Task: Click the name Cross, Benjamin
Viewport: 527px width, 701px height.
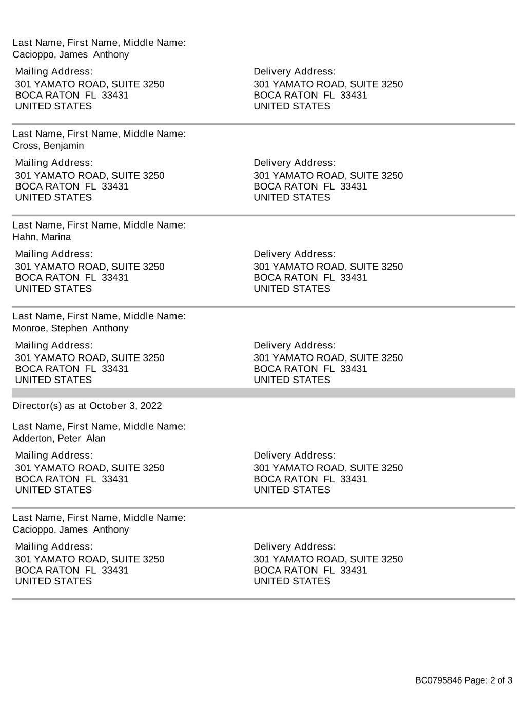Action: click(x=48, y=146)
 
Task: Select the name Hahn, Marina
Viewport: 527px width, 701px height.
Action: click(x=42, y=237)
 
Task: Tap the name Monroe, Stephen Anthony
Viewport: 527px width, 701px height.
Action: click(x=70, y=328)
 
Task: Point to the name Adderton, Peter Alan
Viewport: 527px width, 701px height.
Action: click(x=59, y=439)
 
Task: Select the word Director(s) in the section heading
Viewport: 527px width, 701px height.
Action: click(x=36, y=406)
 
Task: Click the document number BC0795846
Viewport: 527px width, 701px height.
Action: click(x=438, y=681)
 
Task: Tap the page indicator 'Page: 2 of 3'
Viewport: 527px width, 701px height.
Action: click(x=488, y=681)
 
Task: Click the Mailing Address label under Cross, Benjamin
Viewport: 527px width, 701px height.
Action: click(x=54, y=163)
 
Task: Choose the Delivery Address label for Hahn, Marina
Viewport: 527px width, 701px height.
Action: click(x=295, y=254)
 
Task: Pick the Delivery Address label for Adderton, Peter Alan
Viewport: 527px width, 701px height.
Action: click(x=295, y=456)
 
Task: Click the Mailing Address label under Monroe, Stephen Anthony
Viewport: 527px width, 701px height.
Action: click(x=54, y=345)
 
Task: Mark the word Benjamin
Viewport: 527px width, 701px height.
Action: click(x=64, y=146)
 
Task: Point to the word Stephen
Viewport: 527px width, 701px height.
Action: click(x=69, y=328)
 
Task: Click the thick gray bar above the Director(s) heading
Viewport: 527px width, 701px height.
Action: click(x=263, y=393)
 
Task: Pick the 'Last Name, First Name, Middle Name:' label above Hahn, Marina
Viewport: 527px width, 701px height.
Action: click(x=99, y=225)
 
